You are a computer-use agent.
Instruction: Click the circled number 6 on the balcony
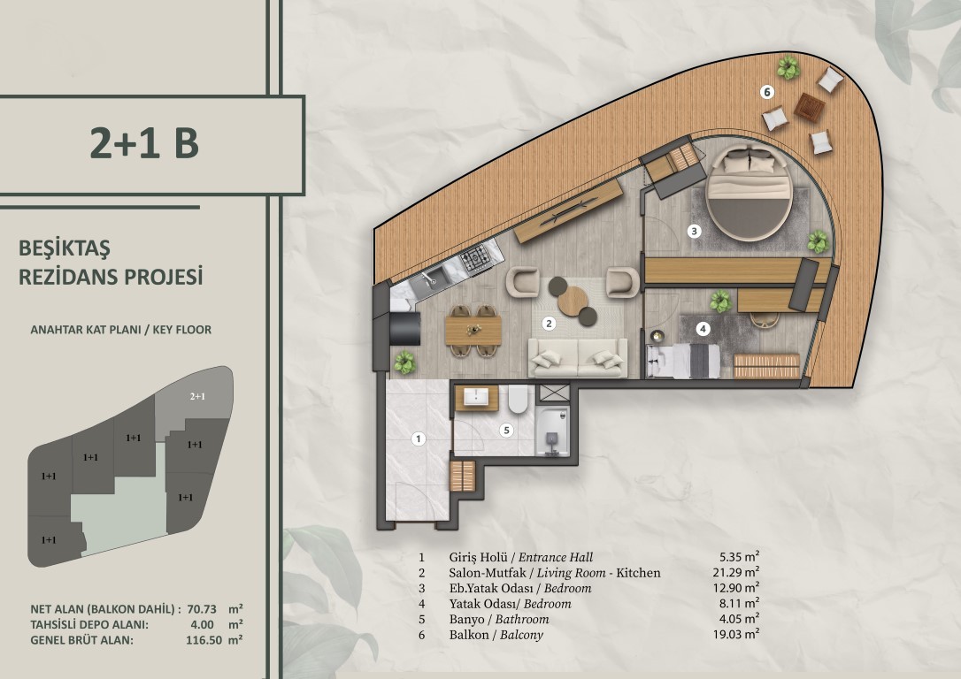pos(766,93)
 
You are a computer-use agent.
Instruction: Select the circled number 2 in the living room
pos(549,324)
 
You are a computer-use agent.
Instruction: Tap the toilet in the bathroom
pos(519,398)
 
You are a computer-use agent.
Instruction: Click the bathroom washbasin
pos(476,397)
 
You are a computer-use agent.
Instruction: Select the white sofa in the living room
pos(577,357)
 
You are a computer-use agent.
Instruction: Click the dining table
pos(473,331)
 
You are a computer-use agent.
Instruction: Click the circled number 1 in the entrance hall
pos(419,439)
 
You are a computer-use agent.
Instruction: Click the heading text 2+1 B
pos(144,142)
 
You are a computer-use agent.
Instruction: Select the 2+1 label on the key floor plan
pos(197,396)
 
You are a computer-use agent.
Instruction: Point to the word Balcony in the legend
pos(521,635)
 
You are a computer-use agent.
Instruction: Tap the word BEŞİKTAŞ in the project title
pos(65,248)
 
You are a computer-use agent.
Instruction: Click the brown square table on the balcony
pos(810,107)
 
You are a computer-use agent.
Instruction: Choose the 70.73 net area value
pos(202,609)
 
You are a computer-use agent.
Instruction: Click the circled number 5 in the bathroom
pos(506,431)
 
